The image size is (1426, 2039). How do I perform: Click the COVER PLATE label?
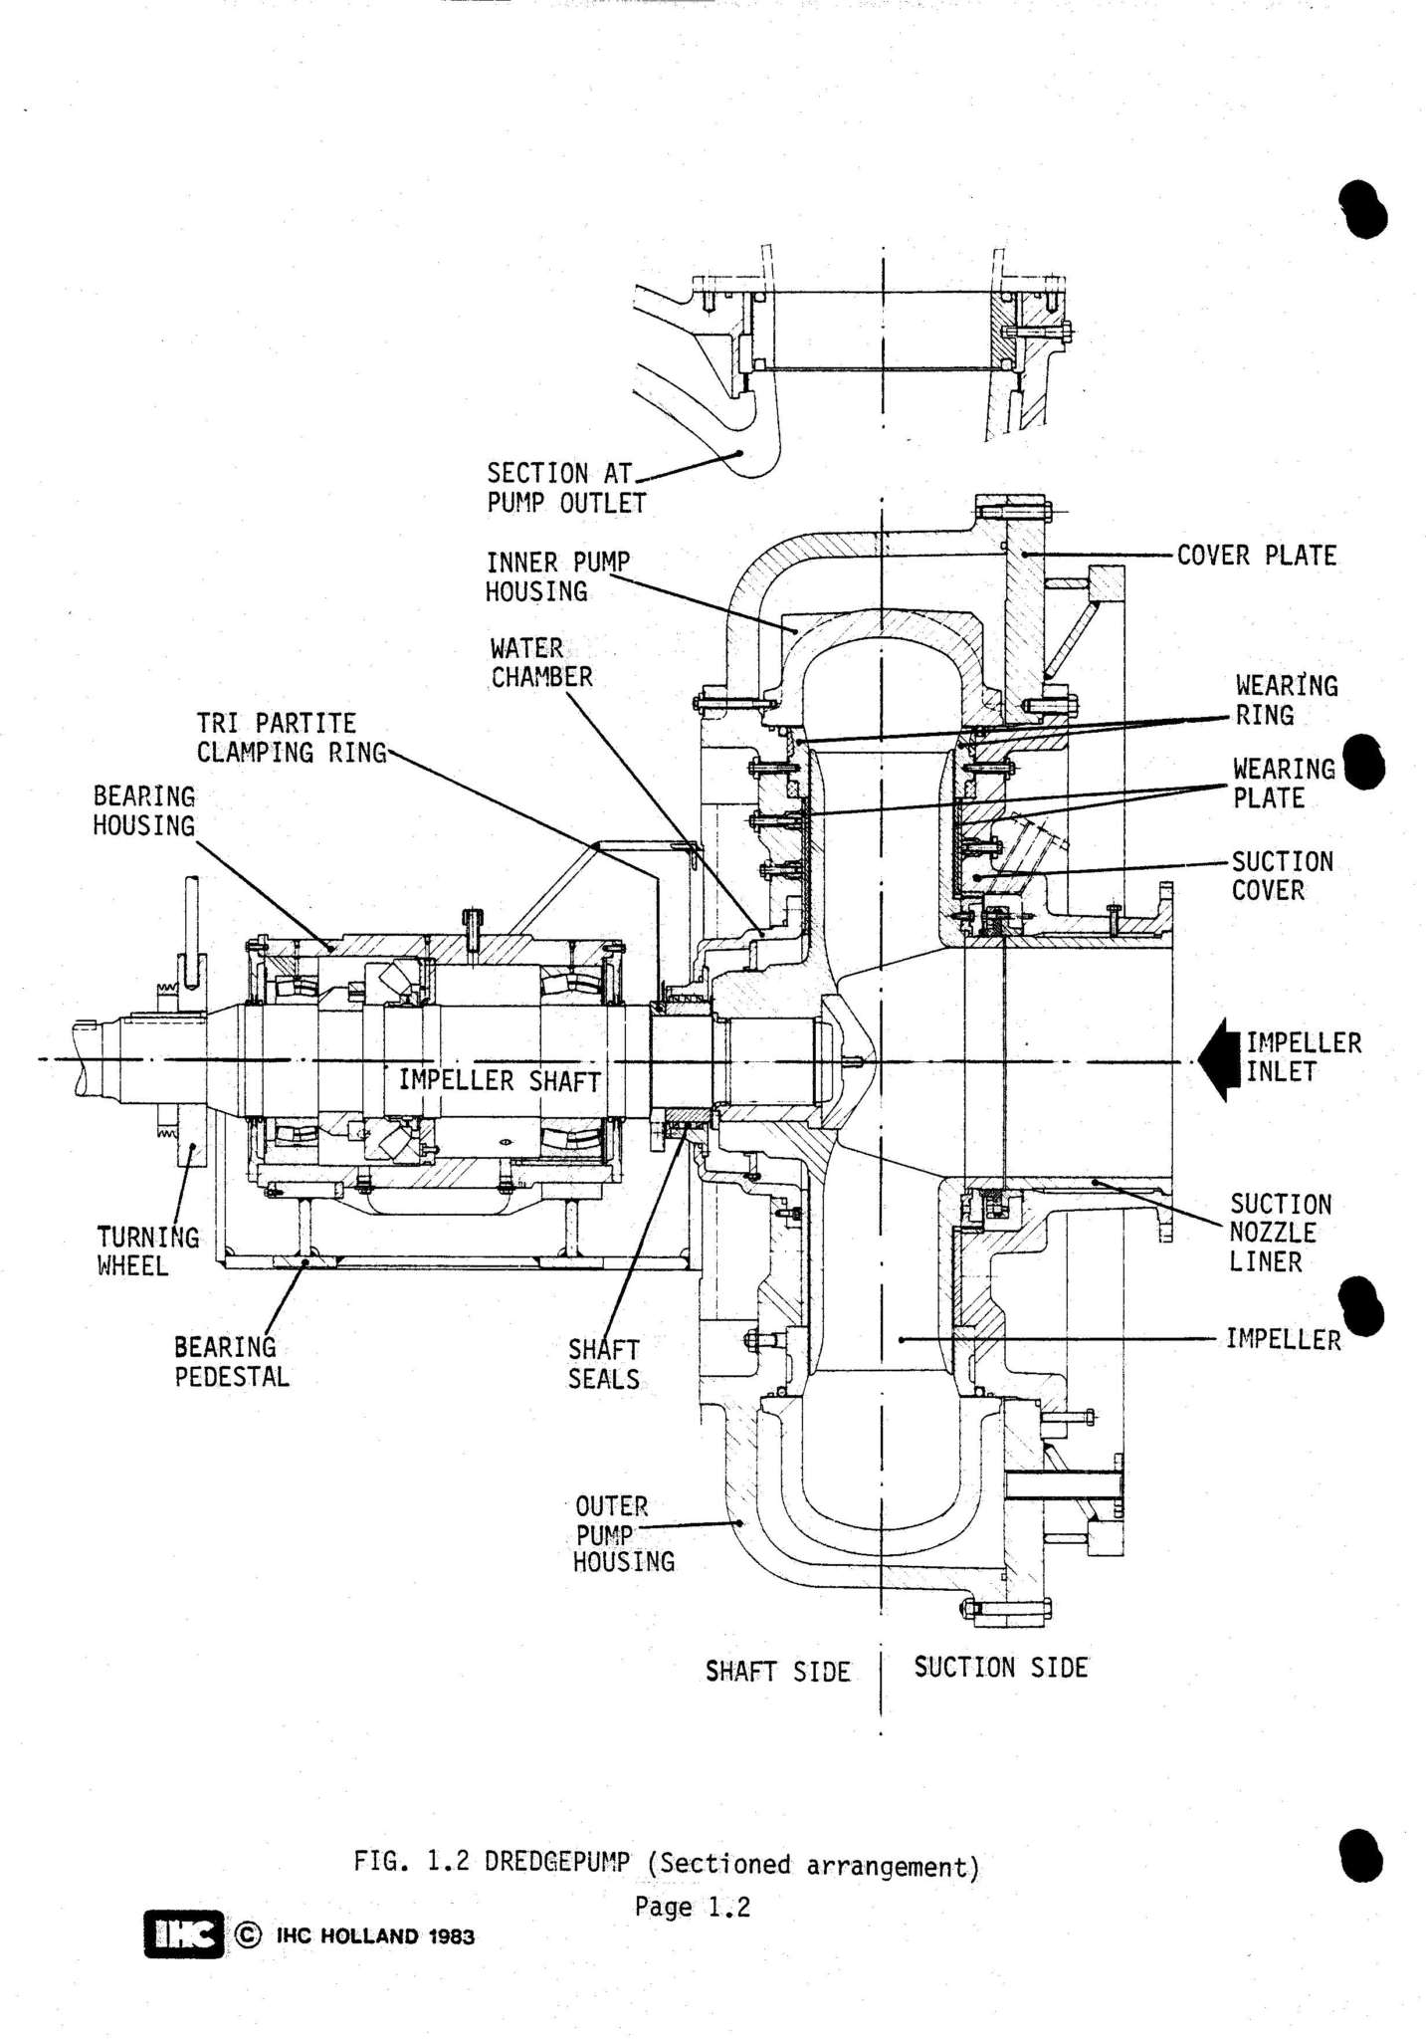tap(1255, 556)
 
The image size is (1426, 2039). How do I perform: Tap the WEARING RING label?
tap(1286, 700)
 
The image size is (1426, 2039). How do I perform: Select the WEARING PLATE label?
tap(1283, 784)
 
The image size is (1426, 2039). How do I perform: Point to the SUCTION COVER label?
tap(1282, 875)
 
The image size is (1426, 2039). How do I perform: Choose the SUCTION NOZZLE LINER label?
tap(1279, 1233)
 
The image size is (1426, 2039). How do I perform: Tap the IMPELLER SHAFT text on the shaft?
tap(500, 1080)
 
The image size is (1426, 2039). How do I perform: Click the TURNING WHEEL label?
tap(146, 1251)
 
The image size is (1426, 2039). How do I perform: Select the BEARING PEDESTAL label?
tap(231, 1362)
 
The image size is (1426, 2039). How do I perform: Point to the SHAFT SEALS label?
tap(603, 1364)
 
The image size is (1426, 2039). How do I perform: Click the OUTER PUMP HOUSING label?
tap(622, 1534)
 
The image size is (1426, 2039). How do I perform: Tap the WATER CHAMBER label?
tap(540, 663)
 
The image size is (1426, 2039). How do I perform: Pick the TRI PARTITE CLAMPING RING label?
tap(291, 738)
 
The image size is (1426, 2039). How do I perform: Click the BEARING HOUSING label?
tap(143, 810)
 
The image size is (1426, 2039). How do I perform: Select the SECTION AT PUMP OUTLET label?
tap(564, 488)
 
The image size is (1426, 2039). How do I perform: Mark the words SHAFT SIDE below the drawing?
tap(777, 1672)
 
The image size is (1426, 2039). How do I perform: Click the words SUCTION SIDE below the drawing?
tap(1000, 1668)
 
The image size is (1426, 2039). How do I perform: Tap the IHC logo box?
tap(183, 1934)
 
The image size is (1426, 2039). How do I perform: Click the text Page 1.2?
tap(692, 1908)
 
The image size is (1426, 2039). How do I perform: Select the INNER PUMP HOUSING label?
tap(556, 576)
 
